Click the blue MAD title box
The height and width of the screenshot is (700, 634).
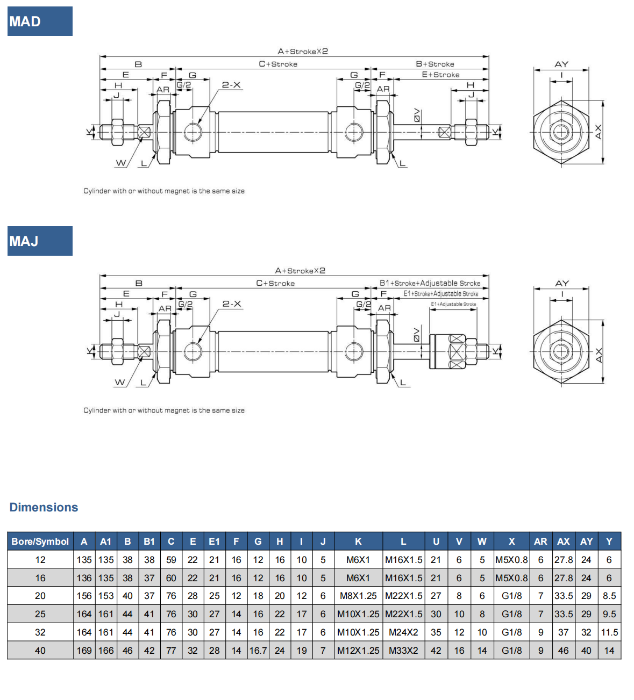coord(40,21)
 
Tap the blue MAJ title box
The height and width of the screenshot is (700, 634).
coord(40,241)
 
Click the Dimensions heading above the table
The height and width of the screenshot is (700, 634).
coord(44,507)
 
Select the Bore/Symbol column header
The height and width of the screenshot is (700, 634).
coord(40,542)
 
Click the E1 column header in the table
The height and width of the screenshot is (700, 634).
coord(214,542)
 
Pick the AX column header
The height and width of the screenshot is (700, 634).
coord(564,542)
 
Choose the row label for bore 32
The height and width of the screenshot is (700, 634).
coord(40,632)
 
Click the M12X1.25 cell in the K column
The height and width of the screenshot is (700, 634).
coord(358,651)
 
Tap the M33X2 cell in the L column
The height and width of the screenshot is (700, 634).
coord(403,651)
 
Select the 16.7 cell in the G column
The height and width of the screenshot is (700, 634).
coord(258,651)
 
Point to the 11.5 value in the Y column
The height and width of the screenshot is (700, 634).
coord(609,632)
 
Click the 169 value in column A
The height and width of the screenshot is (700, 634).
coord(84,651)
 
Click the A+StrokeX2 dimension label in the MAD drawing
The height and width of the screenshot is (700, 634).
coord(303,52)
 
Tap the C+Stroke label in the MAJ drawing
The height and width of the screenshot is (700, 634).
coord(275,283)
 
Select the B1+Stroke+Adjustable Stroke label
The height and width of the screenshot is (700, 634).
coord(430,283)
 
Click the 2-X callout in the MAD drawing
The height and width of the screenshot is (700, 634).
coord(232,85)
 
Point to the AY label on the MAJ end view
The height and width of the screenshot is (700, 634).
coord(562,283)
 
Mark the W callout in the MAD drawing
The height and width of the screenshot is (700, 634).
coord(120,163)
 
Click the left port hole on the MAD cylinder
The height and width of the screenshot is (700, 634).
coord(193,132)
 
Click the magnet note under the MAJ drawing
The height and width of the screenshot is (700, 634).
coord(164,410)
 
